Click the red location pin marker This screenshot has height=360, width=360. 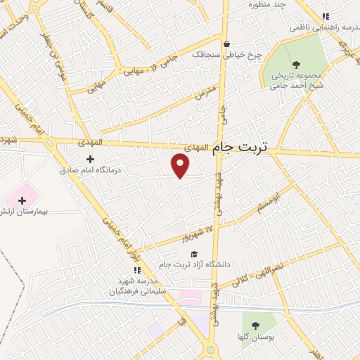pos(181,165)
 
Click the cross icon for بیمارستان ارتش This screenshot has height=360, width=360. pos(22,201)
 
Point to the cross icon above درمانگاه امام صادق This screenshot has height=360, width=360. pos(90,160)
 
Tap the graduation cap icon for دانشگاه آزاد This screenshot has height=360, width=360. pos(193,254)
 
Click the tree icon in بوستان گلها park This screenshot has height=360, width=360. pos(255,325)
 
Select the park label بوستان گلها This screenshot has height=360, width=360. pos(255,337)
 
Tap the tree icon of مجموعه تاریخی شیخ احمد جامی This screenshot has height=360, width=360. pos(295,65)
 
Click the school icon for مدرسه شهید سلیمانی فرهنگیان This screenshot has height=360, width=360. pos(137,270)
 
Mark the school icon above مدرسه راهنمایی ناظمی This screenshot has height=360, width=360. pos(325,17)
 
